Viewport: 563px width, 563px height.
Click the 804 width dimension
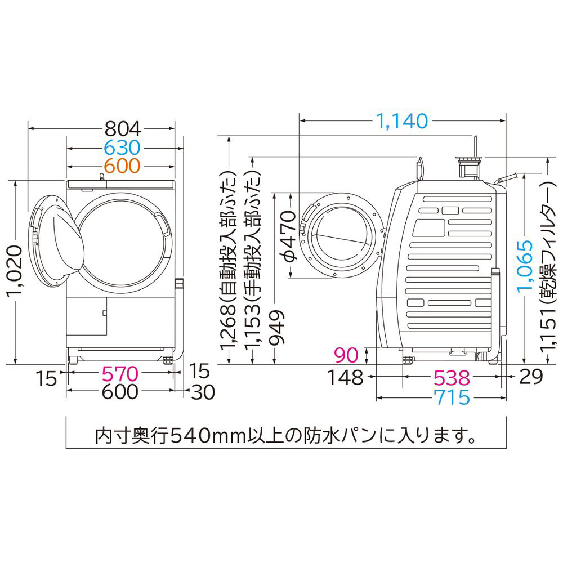123,128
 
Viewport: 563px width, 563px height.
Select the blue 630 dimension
122,148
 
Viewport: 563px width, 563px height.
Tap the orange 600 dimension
122,166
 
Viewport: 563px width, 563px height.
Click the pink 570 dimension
120,374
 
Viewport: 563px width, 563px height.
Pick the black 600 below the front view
120,392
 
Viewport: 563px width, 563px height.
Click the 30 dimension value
203,392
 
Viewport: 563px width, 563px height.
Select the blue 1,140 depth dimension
402,121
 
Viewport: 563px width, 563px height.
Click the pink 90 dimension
346,355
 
